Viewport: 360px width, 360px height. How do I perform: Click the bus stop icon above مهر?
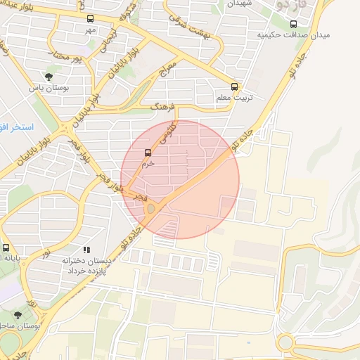tap(89, 19)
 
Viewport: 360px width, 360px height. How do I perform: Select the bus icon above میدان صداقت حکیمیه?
tap(293, 24)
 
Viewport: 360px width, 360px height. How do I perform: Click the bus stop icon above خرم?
tap(148, 153)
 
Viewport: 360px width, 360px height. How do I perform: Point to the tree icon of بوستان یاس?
tap(49, 77)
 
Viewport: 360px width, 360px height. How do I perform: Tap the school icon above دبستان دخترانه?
tap(86, 250)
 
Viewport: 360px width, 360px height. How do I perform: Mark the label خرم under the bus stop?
tap(148, 163)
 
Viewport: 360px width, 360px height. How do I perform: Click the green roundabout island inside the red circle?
tap(150, 208)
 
